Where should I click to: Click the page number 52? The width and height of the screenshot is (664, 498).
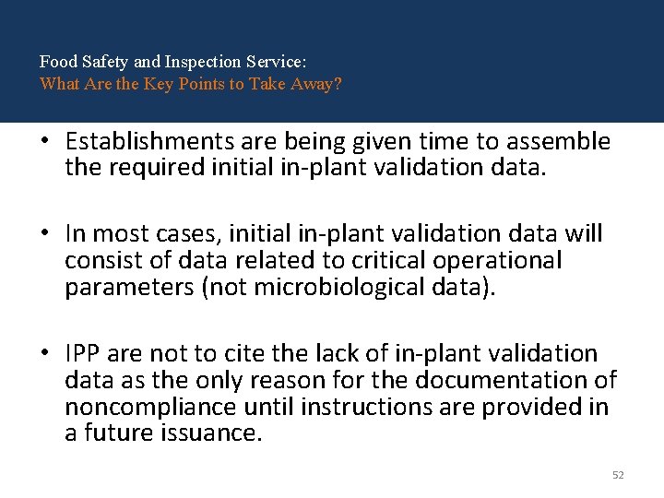pos(618,475)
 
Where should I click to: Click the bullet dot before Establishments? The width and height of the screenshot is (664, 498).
pos(44,142)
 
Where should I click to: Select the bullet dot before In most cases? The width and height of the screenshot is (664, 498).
pos(44,235)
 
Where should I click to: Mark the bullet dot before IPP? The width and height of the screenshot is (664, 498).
pos(44,354)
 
